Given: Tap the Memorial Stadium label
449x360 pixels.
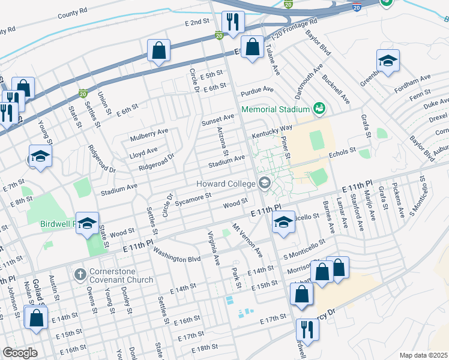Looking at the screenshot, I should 276,109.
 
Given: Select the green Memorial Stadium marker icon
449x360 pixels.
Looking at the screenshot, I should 319,108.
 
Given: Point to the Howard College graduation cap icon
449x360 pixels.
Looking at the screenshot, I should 264,184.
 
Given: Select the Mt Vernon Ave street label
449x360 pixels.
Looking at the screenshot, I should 249,239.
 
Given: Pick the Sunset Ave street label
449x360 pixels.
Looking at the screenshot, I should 217,118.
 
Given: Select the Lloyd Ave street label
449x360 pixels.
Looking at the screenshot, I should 143,151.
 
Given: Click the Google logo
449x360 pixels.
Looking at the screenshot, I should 20,353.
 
